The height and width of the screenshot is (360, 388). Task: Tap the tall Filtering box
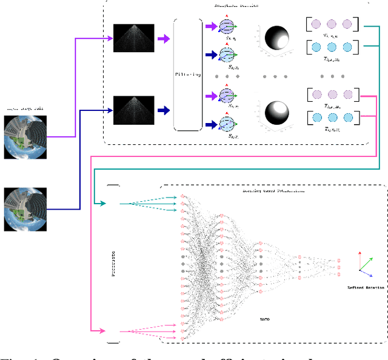pyautogui.click(x=187, y=75)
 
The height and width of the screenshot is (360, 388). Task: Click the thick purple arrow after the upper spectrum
pyautogui.click(x=163, y=39)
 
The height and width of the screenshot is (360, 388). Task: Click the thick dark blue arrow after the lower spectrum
pyautogui.click(x=163, y=110)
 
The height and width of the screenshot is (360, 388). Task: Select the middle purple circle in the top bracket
pyautogui.click(x=332, y=25)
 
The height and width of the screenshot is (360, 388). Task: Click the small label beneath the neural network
pyautogui.click(x=264, y=318)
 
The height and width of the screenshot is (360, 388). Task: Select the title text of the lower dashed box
pyautogui.click(x=271, y=190)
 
